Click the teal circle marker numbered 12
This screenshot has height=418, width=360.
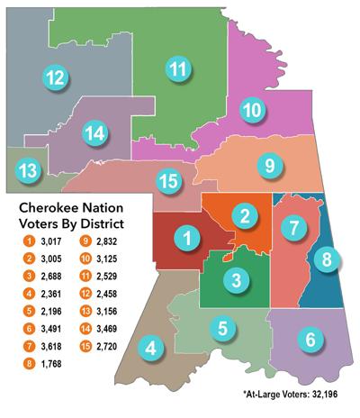click(x=55, y=77)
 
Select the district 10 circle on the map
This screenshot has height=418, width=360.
click(x=252, y=111)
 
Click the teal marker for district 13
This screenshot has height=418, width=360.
click(x=29, y=169)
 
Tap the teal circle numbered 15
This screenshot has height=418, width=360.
click(x=167, y=180)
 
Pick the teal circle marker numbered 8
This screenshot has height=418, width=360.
click(x=327, y=260)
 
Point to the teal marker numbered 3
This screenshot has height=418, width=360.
click(x=234, y=280)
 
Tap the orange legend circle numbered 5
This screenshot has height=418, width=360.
click(x=29, y=311)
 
